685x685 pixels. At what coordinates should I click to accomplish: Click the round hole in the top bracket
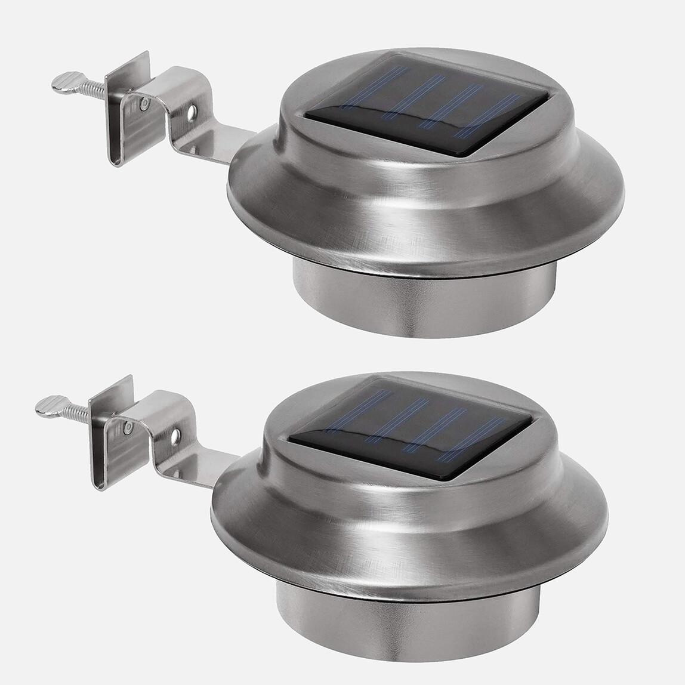point(192,112)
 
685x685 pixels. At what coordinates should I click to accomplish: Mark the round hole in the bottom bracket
point(175,436)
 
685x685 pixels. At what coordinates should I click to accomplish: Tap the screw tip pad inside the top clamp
point(144,105)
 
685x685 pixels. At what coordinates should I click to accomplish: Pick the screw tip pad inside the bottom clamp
point(128,428)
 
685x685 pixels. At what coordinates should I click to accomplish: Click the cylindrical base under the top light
point(424,304)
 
